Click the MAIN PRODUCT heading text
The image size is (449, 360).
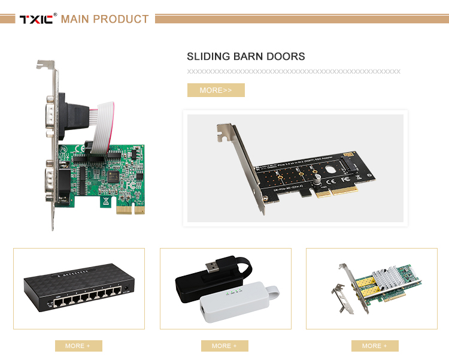click(105, 19)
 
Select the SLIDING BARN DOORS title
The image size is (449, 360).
click(246, 57)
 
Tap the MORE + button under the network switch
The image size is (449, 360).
click(78, 346)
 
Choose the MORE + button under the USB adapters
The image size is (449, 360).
click(224, 346)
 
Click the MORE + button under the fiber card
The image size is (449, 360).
click(375, 346)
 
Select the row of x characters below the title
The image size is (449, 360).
click(293, 71)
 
